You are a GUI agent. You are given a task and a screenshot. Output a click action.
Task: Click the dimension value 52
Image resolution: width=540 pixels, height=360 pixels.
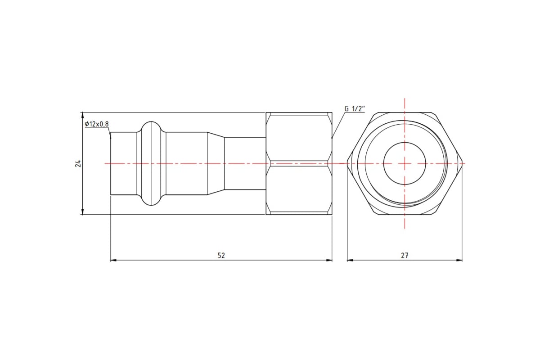coord(221,256)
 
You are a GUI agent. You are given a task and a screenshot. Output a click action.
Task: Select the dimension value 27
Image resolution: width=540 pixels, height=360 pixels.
coord(405,256)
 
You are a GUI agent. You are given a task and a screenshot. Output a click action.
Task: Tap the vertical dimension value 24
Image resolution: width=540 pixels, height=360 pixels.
coord(78,163)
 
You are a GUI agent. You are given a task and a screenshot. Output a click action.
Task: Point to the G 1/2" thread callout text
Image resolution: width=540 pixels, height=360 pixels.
coord(355,109)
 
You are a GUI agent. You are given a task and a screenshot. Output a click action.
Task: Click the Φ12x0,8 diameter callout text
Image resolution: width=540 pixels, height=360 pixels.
coord(97,124)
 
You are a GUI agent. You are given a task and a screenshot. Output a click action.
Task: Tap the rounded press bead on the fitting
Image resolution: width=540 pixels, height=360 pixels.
coord(151,163)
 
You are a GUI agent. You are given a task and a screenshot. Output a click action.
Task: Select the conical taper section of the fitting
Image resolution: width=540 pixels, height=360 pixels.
coord(216,163)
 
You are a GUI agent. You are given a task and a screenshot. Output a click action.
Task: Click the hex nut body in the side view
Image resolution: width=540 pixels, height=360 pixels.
coord(299,163)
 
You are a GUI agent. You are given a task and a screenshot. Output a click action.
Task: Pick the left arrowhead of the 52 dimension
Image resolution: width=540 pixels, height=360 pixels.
coord(113,260)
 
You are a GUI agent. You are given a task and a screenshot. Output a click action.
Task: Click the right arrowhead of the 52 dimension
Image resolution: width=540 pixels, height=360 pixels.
coord(329,260)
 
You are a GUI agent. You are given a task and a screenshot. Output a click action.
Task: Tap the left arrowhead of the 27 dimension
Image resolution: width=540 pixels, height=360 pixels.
coord(350,260)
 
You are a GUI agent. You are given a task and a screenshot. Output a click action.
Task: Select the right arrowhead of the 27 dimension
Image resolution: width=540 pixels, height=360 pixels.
coord(459,260)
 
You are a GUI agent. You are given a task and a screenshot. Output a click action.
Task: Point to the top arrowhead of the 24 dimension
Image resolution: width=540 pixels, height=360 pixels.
coord(82,115)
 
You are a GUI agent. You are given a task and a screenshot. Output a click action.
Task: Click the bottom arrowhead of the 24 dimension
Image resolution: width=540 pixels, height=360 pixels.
coord(82,211)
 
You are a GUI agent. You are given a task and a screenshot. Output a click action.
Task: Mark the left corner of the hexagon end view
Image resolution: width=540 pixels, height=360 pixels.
coord(347,163)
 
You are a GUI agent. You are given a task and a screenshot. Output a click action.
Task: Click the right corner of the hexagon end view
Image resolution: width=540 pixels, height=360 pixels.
coord(463,163)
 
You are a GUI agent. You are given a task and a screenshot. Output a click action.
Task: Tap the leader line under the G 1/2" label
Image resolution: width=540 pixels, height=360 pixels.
coord(338,125)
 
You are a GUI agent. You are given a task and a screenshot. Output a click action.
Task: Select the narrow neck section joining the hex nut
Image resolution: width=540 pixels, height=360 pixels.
coord(245,163)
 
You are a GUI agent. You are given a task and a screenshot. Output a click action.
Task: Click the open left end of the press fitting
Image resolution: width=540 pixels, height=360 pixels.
coord(111,163)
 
